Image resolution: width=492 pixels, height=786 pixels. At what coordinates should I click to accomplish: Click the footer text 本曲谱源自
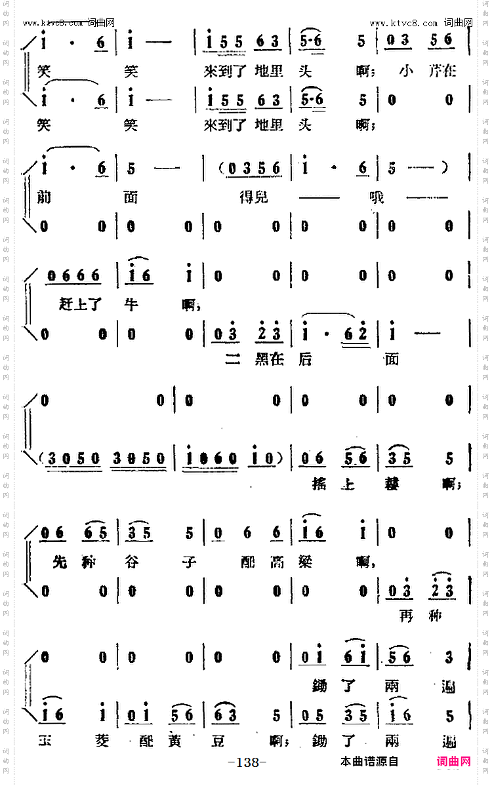pyautogui.click(x=369, y=762)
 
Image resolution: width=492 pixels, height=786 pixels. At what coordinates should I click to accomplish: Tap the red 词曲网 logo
pyautogui.click(x=453, y=761)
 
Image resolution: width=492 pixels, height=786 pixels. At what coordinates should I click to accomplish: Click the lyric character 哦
pyautogui.click(x=377, y=197)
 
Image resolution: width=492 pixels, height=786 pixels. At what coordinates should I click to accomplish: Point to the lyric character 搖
pyautogui.click(x=319, y=485)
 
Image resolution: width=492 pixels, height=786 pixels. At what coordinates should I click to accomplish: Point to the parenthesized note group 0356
pyautogui.click(x=253, y=169)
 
